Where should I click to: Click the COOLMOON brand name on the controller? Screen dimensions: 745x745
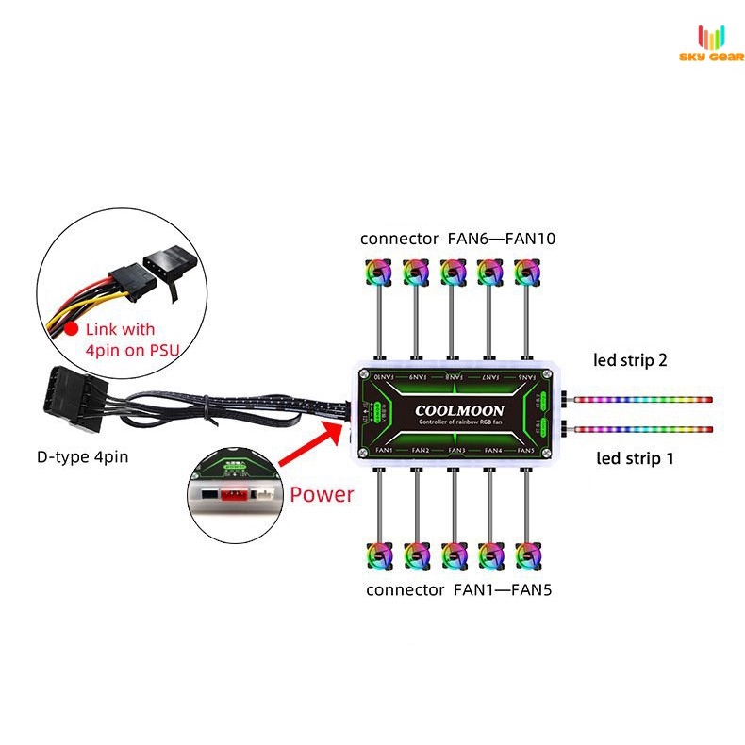[x=459, y=411]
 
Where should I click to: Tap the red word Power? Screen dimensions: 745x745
[x=323, y=494]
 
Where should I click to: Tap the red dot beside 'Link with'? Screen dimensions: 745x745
[x=69, y=330]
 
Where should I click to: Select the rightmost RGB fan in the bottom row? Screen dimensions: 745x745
[x=525, y=556]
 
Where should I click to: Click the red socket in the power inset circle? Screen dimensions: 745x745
[x=232, y=492]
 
